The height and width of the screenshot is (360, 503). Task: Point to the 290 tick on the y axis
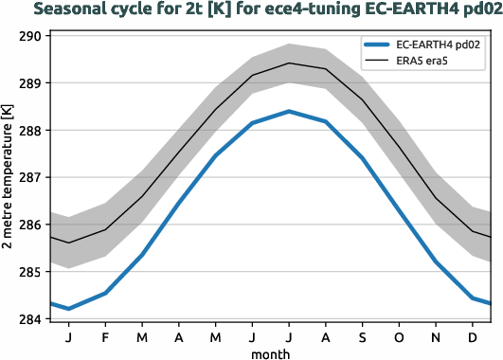click(29, 37)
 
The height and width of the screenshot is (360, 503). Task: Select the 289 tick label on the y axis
click(29, 83)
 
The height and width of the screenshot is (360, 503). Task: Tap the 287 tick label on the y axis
click(29, 178)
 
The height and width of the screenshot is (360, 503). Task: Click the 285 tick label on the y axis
click(29, 272)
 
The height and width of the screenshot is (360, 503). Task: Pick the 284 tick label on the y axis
click(29, 319)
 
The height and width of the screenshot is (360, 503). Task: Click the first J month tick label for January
click(68, 336)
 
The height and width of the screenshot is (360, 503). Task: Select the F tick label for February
click(105, 336)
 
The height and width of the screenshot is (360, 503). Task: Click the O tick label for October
click(398, 336)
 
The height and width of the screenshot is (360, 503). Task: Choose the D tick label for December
click(472, 336)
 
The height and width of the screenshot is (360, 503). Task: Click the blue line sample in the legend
click(379, 45)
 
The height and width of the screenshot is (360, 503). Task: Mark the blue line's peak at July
click(289, 111)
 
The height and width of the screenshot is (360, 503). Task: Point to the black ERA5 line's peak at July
click(289, 63)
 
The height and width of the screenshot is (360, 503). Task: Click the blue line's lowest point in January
click(68, 308)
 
